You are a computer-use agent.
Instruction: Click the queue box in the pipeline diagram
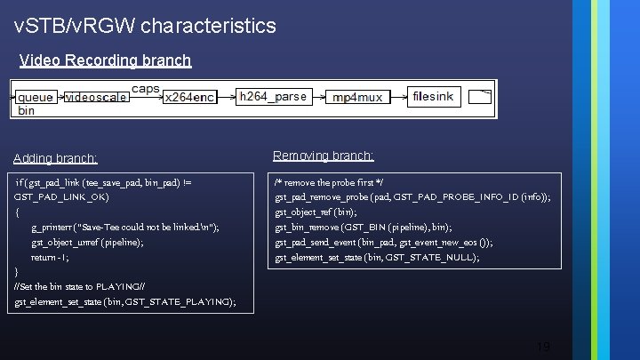[x=36, y=97]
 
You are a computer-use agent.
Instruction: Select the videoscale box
[x=96, y=97]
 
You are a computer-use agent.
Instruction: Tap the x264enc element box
[x=189, y=97]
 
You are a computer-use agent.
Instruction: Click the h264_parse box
[x=273, y=96]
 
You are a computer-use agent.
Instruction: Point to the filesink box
[x=433, y=96]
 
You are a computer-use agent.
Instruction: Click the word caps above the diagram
[x=145, y=88]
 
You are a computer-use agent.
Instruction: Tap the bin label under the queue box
[x=26, y=110]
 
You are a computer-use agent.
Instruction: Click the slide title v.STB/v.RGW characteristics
[x=146, y=26]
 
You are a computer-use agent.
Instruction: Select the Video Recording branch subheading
[x=105, y=60]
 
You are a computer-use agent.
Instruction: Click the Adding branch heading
[x=55, y=158]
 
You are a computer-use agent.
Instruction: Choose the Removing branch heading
[x=323, y=156]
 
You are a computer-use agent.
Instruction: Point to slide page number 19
[x=543, y=347]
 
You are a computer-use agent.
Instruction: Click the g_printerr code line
[x=125, y=228]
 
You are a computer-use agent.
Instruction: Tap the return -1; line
[x=50, y=257]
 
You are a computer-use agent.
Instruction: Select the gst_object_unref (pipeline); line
[x=87, y=242]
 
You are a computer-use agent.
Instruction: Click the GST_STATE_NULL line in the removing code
[x=377, y=258]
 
